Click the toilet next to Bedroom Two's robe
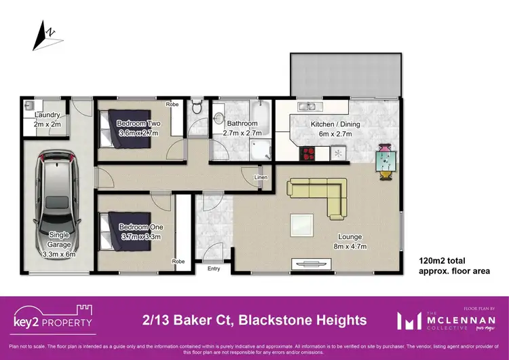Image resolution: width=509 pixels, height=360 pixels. point(196,107)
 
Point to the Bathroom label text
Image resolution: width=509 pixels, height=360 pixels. point(242,124)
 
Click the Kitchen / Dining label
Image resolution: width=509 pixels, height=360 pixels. point(335,124)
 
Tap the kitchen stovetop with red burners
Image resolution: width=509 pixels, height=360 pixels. point(307,154)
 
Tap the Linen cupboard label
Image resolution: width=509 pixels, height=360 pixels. point(261,179)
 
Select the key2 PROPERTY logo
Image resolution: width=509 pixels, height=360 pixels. point(53,318)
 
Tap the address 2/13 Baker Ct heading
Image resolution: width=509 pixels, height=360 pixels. point(254,320)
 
